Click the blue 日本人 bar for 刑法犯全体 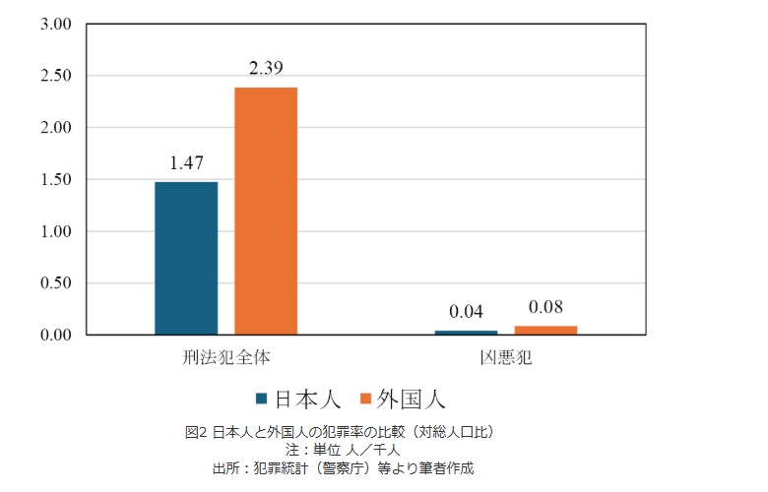pyautogui.click(x=186, y=258)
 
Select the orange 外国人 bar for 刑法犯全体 pyautogui.click(x=266, y=211)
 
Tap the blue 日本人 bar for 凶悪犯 pyautogui.click(x=466, y=333)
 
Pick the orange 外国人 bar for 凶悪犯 pyautogui.click(x=545, y=331)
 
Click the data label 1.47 pyautogui.click(x=186, y=164)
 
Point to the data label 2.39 pyautogui.click(x=266, y=69)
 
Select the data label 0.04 pyautogui.click(x=466, y=312)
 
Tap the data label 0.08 pyautogui.click(x=545, y=306)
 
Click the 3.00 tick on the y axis pyautogui.click(x=56, y=24)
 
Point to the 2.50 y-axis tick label pyautogui.click(x=56, y=76)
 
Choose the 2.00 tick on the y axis pyautogui.click(x=56, y=128)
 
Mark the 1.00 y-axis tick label pyautogui.click(x=56, y=231)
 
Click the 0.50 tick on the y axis pyautogui.click(x=56, y=283)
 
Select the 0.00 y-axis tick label pyautogui.click(x=56, y=336)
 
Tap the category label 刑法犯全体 pyautogui.click(x=225, y=356)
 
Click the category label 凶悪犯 pyautogui.click(x=505, y=356)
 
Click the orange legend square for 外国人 pyautogui.click(x=366, y=399)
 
